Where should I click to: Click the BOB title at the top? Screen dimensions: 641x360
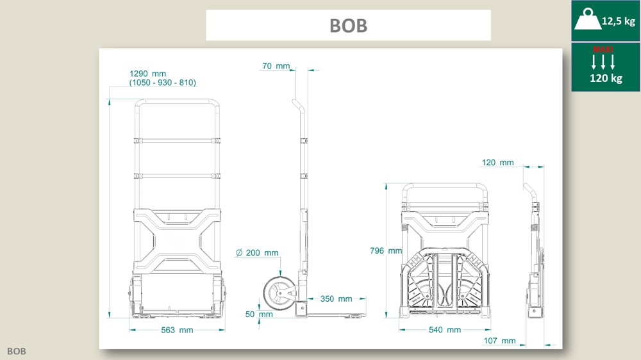(x=348, y=26)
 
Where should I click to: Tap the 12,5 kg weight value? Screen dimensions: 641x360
(x=618, y=21)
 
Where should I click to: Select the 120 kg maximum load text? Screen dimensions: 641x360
(x=606, y=78)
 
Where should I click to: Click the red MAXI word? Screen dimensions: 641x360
(x=603, y=49)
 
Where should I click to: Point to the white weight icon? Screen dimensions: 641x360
(x=588, y=19)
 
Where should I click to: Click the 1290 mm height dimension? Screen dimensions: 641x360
(x=147, y=74)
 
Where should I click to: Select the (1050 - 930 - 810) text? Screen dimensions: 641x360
(x=163, y=83)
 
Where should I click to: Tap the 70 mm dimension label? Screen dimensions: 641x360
(x=276, y=66)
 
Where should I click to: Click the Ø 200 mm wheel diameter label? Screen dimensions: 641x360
(x=258, y=252)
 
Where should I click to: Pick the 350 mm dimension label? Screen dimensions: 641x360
(x=336, y=299)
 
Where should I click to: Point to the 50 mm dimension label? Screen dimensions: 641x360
(x=259, y=315)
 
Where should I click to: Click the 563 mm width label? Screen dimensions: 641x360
(x=177, y=330)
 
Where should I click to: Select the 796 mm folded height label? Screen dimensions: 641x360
(x=386, y=250)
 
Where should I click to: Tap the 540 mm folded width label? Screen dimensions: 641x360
(x=445, y=330)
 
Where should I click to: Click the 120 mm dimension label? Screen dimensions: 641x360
(x=497, y=162)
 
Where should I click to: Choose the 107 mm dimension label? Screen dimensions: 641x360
(x=499, y=341)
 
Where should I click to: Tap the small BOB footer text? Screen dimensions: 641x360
(x=17, y=351)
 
